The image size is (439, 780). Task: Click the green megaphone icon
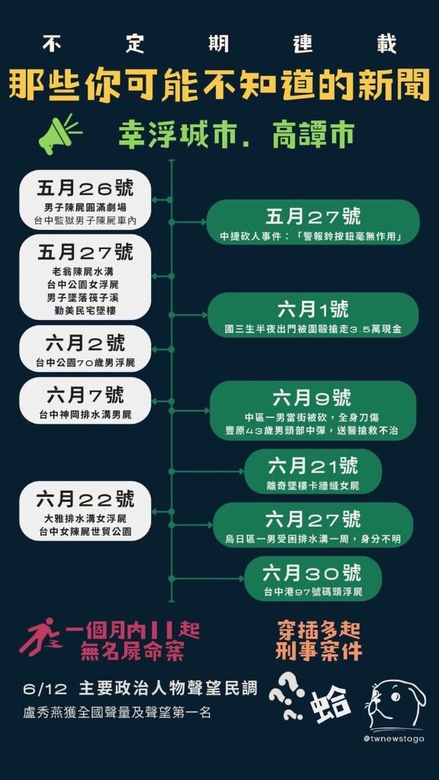click(59, 134)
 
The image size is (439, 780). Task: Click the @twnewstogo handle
click(394, 739)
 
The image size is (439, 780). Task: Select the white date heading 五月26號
click(85, 188)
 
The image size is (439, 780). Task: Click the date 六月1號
click(313, 310)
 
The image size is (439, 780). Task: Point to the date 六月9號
click(312, 398)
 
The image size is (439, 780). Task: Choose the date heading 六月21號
click(312, 466)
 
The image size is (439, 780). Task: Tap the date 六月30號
click(312, 574)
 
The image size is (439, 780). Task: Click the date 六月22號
click(85, 498)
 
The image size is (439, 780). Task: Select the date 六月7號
click(85, 395)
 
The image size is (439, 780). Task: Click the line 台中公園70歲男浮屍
click(85, 363)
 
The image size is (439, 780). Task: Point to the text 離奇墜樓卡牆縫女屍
click(312, 486)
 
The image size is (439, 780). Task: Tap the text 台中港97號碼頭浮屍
click(312, 593)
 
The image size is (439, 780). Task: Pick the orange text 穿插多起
click(318, 631)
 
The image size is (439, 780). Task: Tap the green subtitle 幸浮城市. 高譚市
click(236, 134)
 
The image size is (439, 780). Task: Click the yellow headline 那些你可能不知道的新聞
click(219, 85)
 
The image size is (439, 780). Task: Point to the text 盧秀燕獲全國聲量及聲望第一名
click(117, 712)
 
